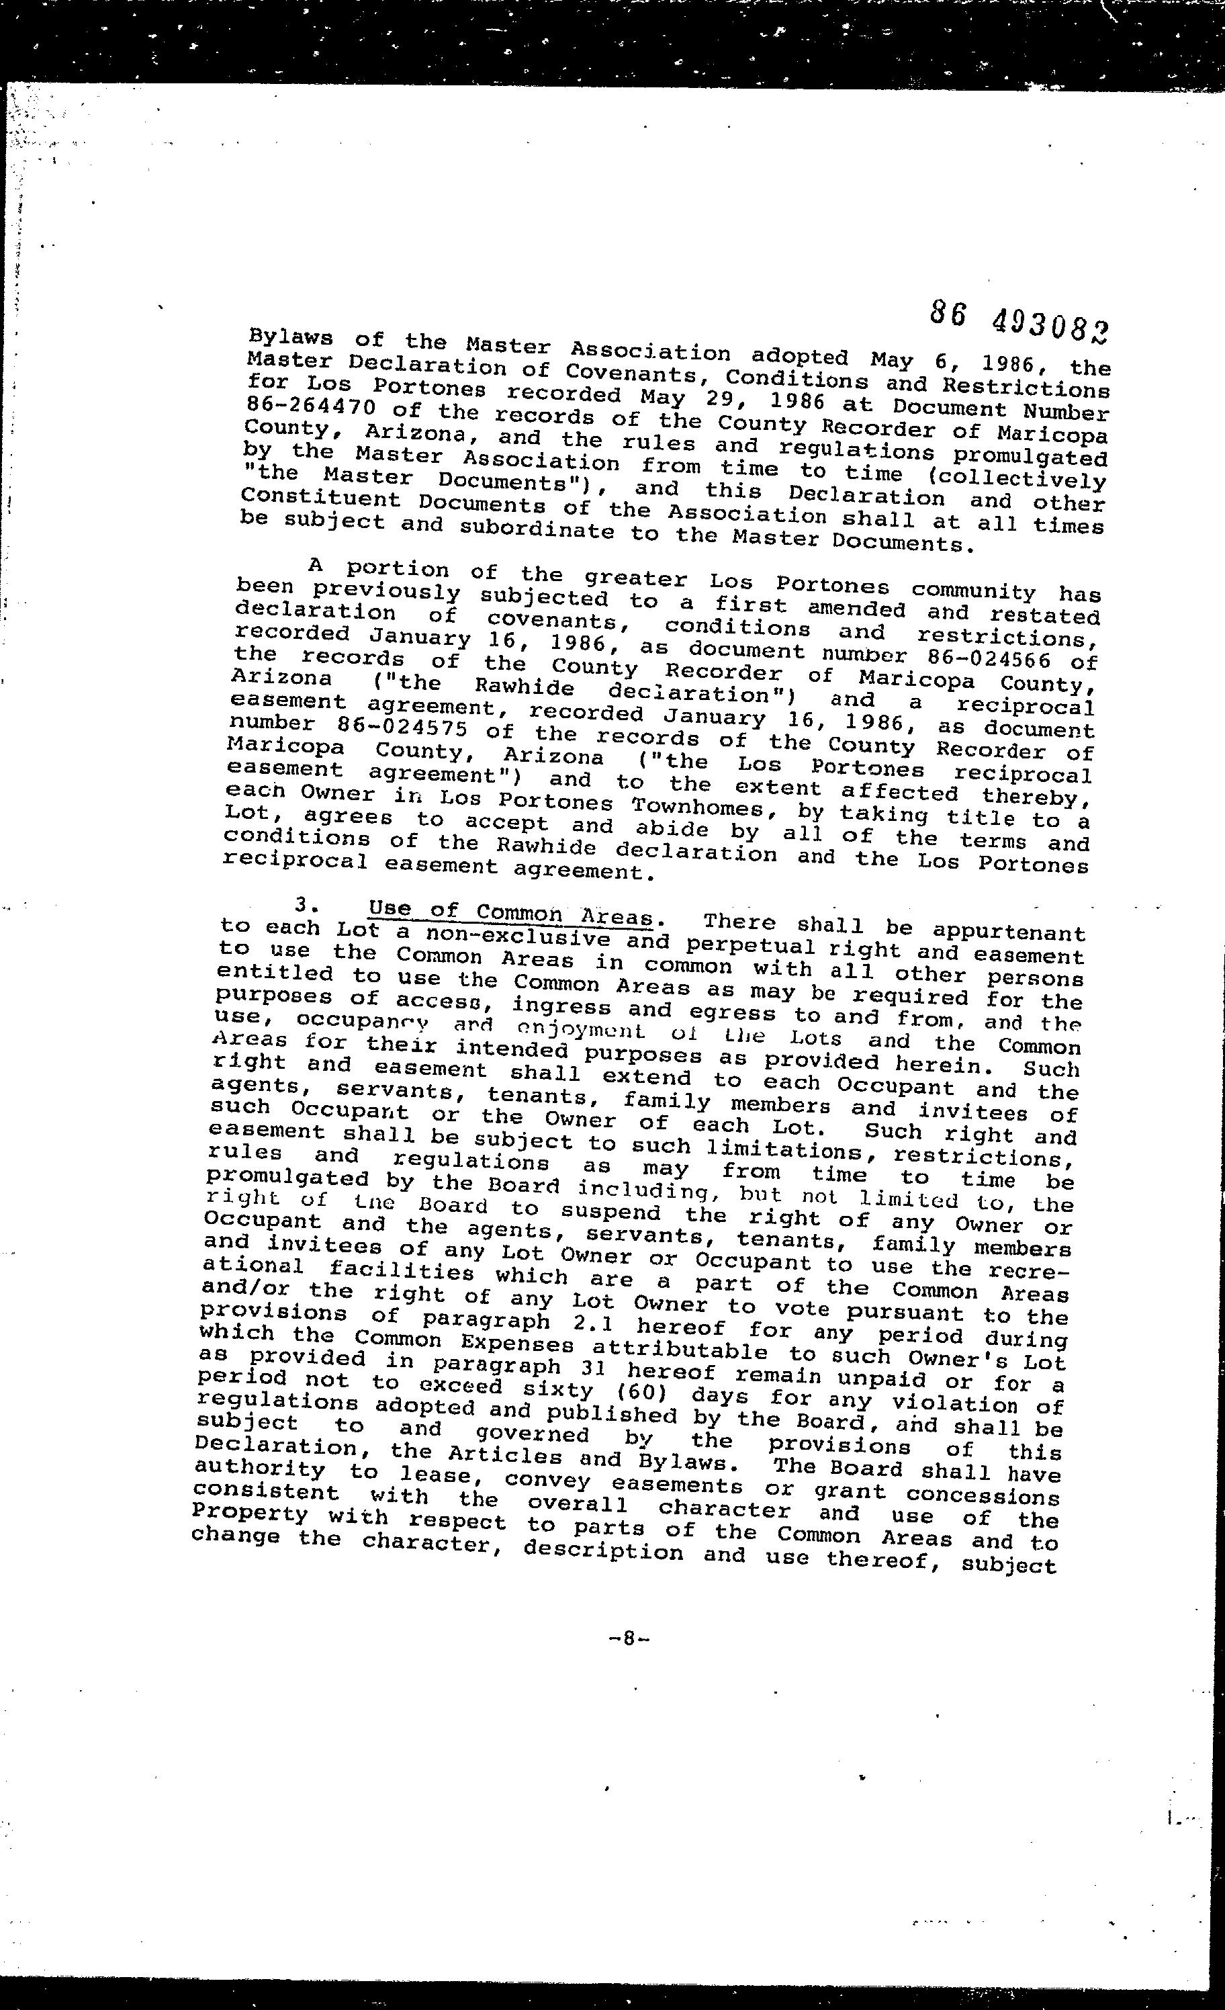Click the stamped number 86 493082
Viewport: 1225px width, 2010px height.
click(x=1019, y=319)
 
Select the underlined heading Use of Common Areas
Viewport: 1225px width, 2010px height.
click(x=511, y=914)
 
